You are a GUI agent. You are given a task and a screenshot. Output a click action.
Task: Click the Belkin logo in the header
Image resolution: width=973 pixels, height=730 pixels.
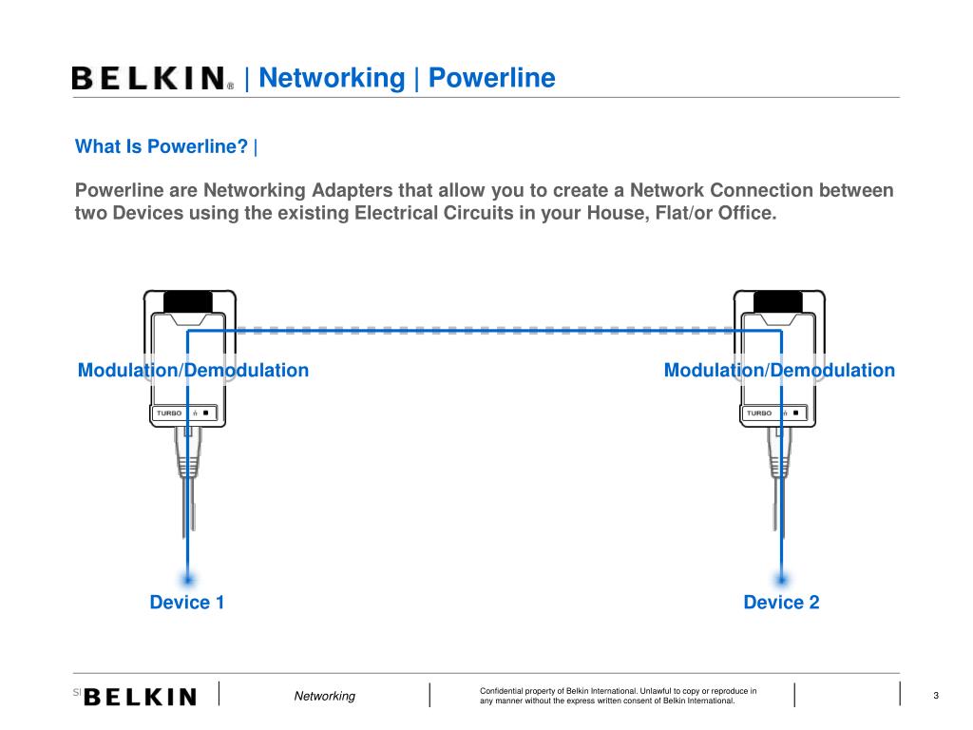click(x=151, y=78)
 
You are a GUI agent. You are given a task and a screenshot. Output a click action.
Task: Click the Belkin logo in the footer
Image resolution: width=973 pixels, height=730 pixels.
click(x=141, y=697)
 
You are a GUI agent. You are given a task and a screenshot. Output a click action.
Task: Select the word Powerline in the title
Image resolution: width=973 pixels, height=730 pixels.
click(x=491, y=78)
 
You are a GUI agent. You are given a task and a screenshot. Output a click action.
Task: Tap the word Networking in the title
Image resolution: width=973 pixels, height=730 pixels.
click(x=332, y=78)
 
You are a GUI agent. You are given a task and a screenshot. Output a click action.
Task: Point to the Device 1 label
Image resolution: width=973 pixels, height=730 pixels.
click(x=187, y=602)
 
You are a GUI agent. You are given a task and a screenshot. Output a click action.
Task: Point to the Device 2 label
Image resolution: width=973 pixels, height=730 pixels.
click(x=781, y=602)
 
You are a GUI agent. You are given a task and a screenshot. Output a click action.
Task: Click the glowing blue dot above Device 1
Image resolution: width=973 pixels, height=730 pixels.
click(x=188, y=578)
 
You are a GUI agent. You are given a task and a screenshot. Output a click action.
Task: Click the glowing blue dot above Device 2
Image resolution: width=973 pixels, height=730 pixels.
click(x=782, y=578)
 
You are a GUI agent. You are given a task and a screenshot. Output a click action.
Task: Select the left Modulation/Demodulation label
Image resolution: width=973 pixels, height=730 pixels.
click(x=193, y=370)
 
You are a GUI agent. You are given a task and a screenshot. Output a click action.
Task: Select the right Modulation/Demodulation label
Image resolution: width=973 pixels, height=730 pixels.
click(x=779, y=370)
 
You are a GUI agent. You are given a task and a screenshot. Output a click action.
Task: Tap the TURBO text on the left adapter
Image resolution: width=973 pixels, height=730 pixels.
click(x=169, y=413)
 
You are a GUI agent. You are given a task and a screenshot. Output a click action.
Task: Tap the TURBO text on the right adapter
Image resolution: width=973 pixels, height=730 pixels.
click(x=759, y=413)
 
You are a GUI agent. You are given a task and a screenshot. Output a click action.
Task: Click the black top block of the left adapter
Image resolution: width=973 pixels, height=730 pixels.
click(x=188, y=301)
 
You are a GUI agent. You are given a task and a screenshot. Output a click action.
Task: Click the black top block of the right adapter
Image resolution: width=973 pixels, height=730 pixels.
click(x=778, y=301)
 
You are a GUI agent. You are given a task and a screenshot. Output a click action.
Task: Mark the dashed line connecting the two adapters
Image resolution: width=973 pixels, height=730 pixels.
click(x=485, y=331)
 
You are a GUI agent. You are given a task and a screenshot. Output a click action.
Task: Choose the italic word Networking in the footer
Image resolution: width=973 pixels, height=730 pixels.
click(x=324, y=697)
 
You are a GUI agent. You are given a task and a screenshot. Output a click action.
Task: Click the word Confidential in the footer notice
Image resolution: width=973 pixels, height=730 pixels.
click(x=505, y=690)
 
